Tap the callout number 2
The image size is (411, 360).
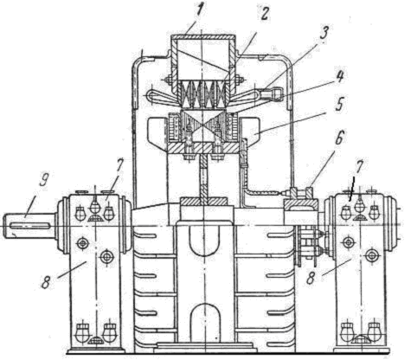262,13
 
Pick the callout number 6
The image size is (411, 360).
338,138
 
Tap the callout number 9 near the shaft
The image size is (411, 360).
44,180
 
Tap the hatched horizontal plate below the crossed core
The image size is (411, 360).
204,148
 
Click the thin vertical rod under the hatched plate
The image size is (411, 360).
204,176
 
